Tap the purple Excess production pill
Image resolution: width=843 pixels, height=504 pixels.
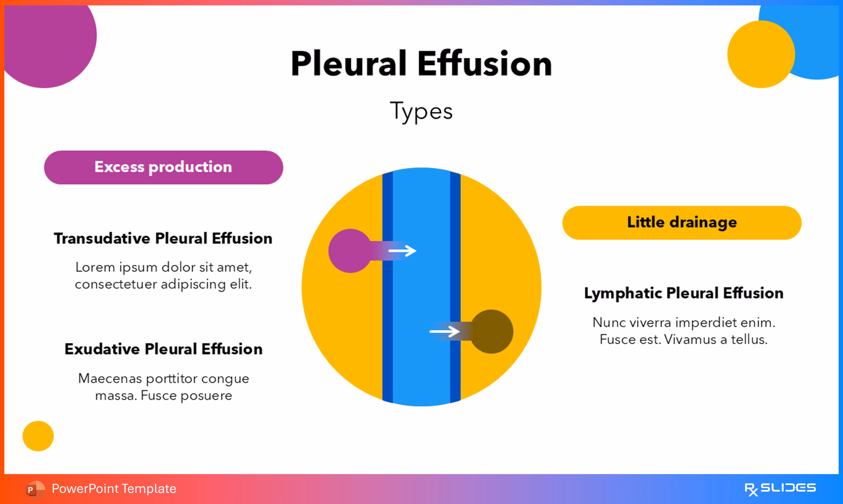point(163,167)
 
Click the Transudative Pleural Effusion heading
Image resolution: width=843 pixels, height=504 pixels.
point(163,239)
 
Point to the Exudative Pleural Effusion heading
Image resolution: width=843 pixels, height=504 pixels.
point(163,349)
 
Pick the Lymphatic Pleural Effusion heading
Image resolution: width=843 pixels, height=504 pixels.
point(684,293)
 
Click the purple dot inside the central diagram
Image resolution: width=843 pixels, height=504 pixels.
point(350,251)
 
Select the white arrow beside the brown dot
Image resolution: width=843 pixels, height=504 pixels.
point(445,331)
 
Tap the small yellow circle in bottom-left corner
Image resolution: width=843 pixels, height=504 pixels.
point(38,436)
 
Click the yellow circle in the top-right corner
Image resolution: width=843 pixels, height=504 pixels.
point(761,54)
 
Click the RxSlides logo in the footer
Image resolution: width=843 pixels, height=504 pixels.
point(780,489)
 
